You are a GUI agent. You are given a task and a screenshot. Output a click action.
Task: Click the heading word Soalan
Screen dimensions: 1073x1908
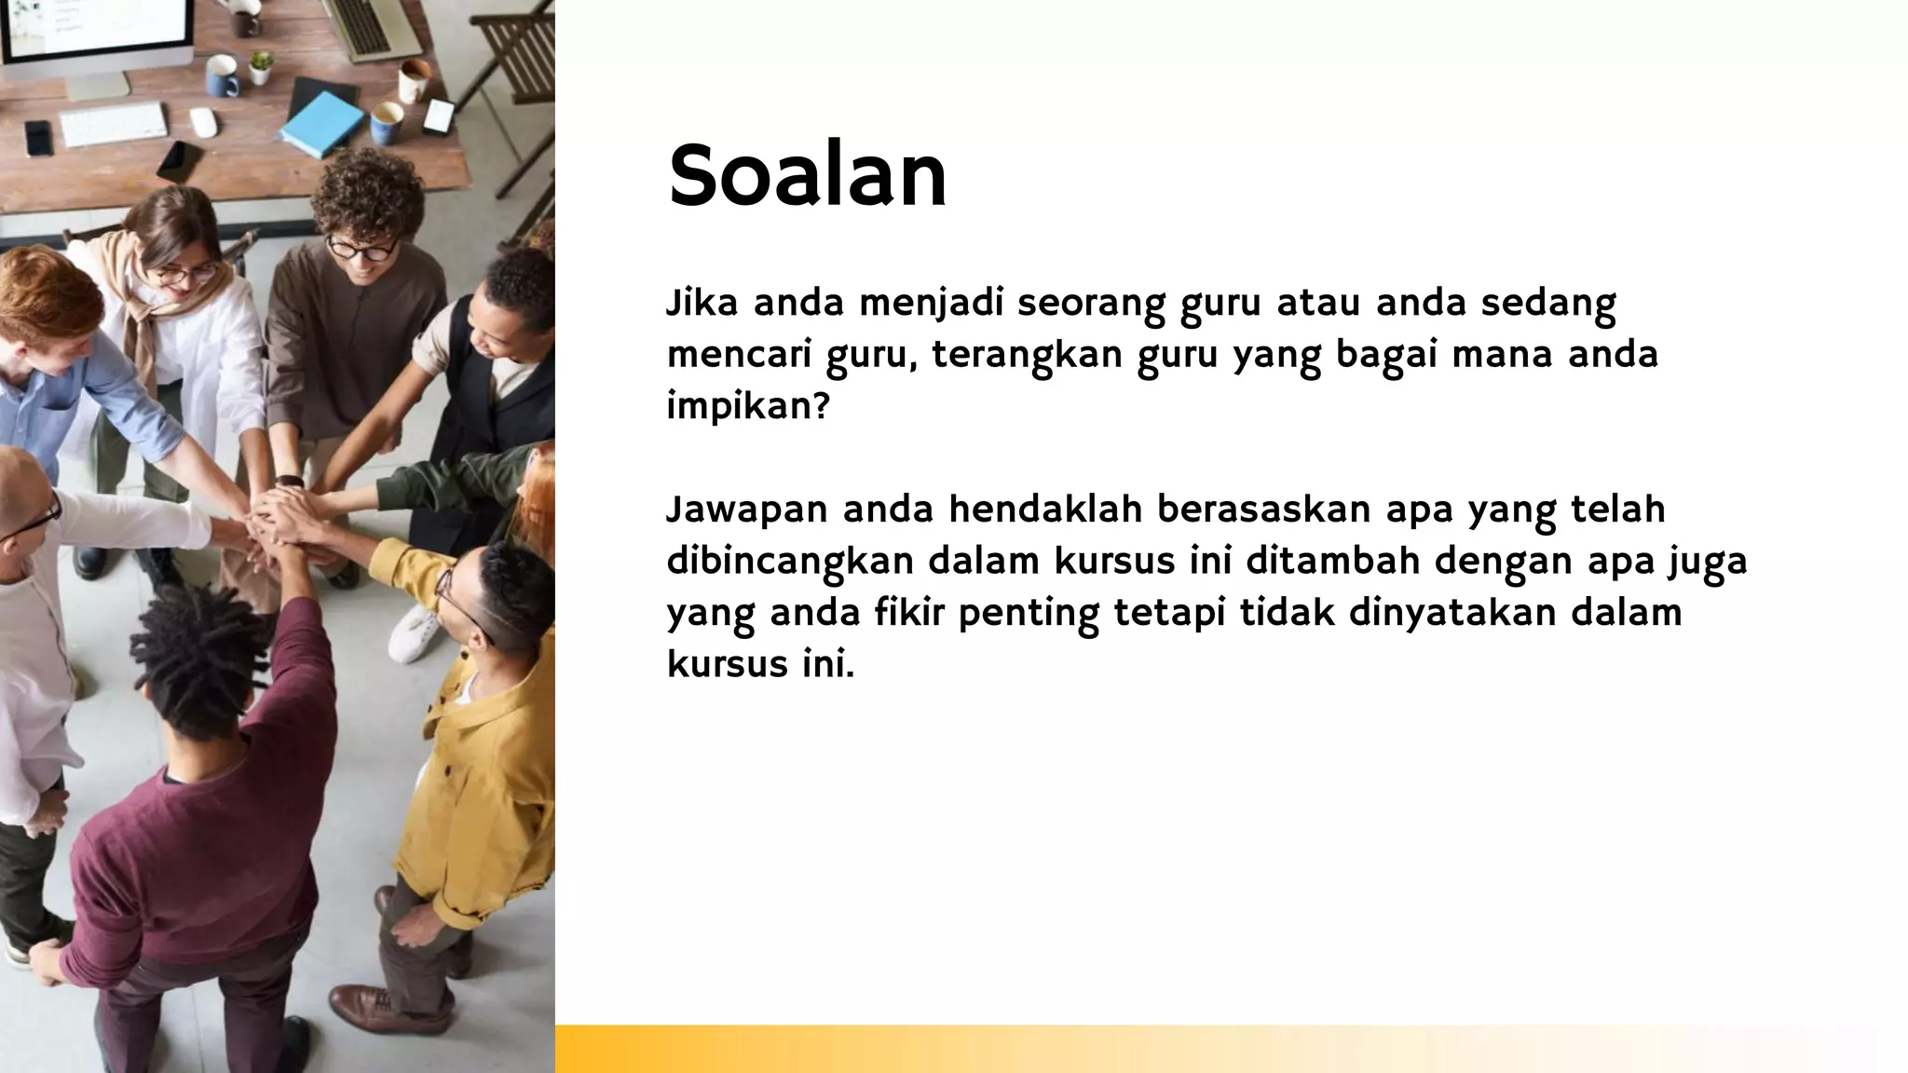pos(807,176)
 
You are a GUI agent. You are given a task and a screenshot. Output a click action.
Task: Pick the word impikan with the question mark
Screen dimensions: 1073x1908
pos(747,407)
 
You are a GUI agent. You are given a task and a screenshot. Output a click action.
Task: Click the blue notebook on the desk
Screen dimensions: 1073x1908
pos(321,124)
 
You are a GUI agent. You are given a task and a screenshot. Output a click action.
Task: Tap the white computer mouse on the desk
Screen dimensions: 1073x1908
pos(203,122)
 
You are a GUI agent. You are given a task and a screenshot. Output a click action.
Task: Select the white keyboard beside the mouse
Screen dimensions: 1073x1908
pos(114,124)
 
